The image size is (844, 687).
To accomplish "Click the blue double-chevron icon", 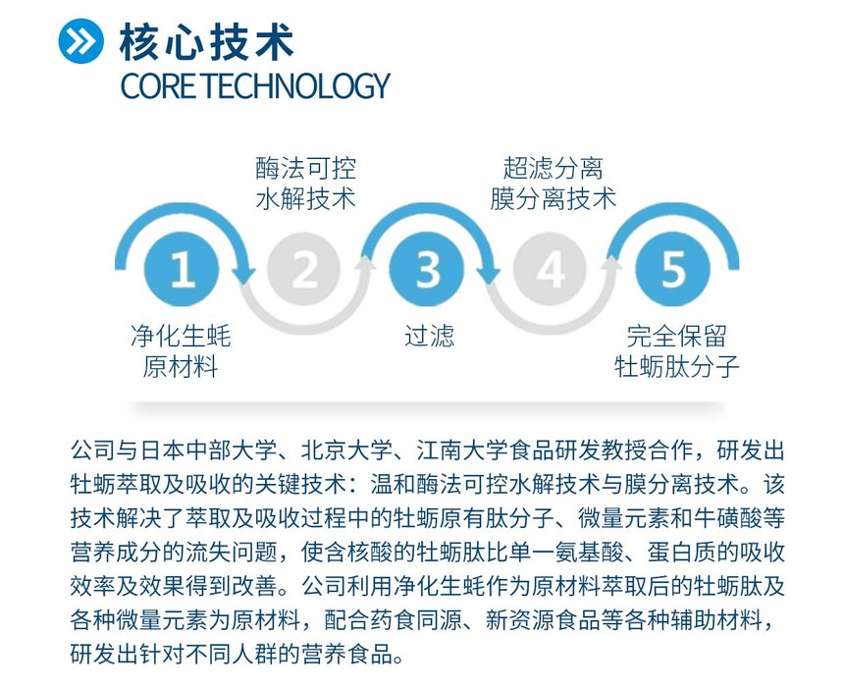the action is pyautogui.click(x=80, y=41).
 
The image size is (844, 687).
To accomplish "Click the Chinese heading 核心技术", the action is pyautogui.click(x=206, y=41).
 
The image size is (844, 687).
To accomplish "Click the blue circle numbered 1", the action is pyautogui.click(x=182, y=269).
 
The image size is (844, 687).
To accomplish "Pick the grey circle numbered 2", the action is pyautogui.click(x=304, y=269).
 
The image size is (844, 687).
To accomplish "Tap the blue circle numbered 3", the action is pyautogui.click(x=427, y=269).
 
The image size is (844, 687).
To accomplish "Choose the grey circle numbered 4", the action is pyautogui.click(x=550, y=269).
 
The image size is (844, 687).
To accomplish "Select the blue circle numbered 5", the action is pyautogui.click(x=673, y=269).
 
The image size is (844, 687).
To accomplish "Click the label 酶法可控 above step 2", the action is pyautogui.click(x=306, y=168).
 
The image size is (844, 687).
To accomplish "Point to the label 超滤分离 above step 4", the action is pyautogui.click(x=553, y=168).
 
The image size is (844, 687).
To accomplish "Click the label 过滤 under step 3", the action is pyautogui.click(x=429, y=336).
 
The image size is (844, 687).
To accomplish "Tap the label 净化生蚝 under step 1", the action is pyautogui.click(x=181, y=336).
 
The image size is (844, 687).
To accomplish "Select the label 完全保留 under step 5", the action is pyautogui.click(x=676, y=336).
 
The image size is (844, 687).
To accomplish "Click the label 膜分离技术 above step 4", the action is pyautogui.click(x=553, y=198).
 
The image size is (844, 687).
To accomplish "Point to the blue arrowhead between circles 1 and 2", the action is pyautogui.click(x=243, y=274).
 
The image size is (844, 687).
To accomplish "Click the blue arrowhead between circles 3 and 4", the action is pyautogui.click(x=490, y=274).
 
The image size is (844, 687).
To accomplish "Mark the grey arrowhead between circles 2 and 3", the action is pyautogui.click(x=366, y=264).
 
